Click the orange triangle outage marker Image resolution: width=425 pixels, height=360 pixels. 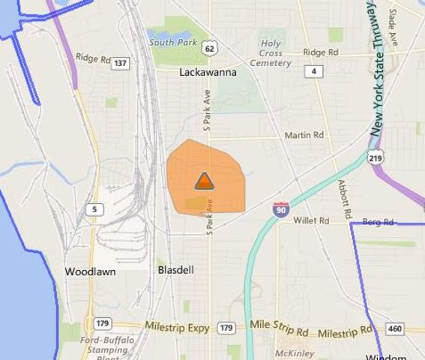coord(204,181)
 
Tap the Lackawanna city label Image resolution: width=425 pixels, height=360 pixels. coord(208,73)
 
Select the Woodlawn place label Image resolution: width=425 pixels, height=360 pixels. coord(90,271)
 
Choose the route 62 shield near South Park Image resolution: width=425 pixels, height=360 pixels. coord(211,49)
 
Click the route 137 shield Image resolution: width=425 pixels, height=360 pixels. coord(120,63)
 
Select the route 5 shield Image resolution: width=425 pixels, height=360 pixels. coord(94,209)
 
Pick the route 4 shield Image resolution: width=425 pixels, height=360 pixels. coord(313,71)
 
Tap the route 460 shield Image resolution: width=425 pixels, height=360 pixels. coord(394,329)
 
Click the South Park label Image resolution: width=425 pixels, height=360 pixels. coord(172,43)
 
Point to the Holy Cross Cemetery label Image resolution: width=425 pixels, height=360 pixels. coord(271,53)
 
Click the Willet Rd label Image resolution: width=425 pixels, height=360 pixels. coord(311,221)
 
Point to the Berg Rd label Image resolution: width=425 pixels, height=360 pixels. coord(378,223)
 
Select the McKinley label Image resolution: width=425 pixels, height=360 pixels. coord(292,352)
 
